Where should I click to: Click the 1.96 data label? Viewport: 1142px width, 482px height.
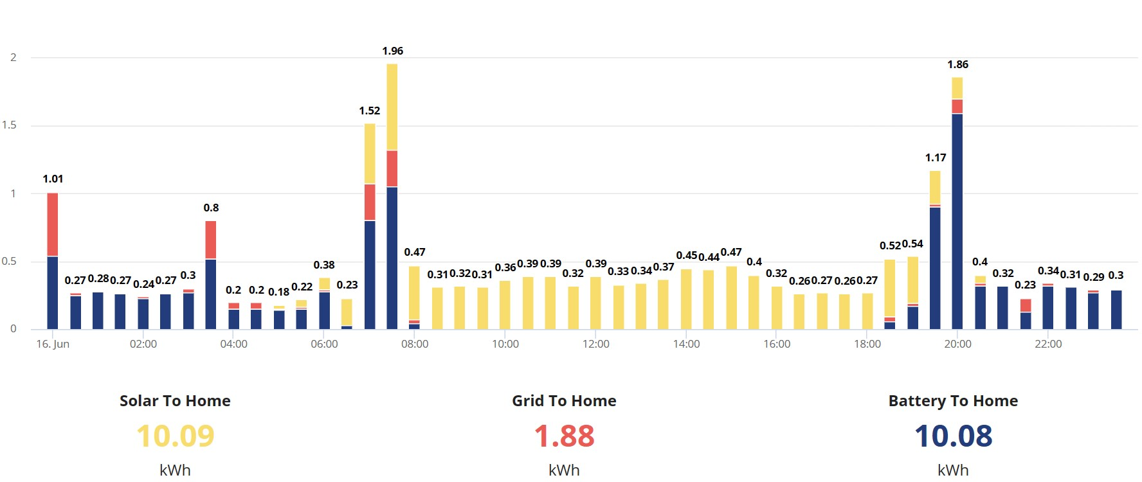pyautogui.click(x=392, y=51)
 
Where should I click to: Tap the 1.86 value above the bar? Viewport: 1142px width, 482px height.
pyautogui.click(x=957, y=64)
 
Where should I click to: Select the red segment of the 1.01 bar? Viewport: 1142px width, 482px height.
pyautogui.click(x=53, y=225)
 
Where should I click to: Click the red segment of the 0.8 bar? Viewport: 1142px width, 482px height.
pyautogui.click(x=211, y=240)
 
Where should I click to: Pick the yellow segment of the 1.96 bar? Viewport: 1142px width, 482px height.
pyautogui.click(x=392, y=107)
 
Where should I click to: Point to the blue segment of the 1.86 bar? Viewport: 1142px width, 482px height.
pyautogui.click(x=957, y=222)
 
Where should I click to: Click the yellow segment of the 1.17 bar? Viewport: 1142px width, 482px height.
pyautogui.click(x=935, y=188)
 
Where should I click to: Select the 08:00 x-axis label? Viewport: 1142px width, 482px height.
pyautogui.click(x=415, y=344)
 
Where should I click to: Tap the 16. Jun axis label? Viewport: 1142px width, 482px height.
pyautogui.click(x=53, y=344)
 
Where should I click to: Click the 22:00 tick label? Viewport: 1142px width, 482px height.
pyautogui.click(x=1048, y=344)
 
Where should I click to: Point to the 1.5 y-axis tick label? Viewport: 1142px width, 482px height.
pyautogui.click(x=9, y=125)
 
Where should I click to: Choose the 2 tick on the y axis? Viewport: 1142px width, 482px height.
pyautogui.click(x=13, y=57)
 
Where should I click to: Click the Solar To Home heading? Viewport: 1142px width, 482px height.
pyautogui.click(x=175, y=401)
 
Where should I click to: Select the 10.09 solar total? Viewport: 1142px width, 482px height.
pyautogui.click(x=175, y=436)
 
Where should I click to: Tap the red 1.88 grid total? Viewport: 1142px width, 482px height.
pyautogui.click(x=564, y=436)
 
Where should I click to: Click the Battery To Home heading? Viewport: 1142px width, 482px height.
pyautogui.click(x=953, y=401)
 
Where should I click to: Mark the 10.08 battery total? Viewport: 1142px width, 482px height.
pyautogui.click(x=953, y=436)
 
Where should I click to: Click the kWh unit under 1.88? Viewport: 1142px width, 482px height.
pyautogui.click(x=564, y=470)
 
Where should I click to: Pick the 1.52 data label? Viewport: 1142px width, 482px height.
pyautogui.click(x=370, y=111)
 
